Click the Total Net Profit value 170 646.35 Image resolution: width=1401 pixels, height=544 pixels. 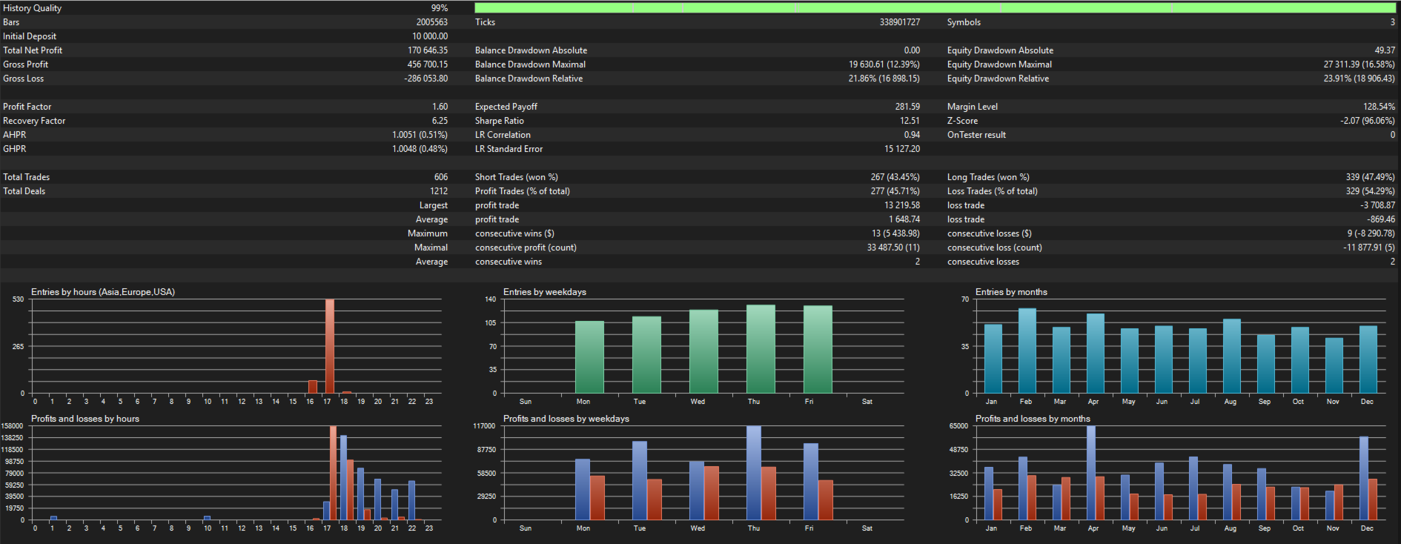[x=428, y=50]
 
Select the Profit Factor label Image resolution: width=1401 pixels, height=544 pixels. [x=27, y=107]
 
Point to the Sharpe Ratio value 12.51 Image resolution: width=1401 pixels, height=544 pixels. [x=910, y=121]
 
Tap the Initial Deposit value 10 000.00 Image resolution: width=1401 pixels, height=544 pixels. [x=430, y=36]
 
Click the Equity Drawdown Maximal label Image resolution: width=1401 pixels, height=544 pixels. [x=999, y=64]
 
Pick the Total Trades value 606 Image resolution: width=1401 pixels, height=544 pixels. [x=441, y=177]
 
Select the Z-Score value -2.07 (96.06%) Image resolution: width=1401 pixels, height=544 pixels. [x=1368, y=121]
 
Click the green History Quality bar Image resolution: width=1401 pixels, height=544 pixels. [x=935, y=8]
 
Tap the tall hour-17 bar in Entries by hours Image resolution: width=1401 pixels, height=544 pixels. [x=330, y=346]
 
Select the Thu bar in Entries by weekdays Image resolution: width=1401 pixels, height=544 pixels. [x=761, y=349]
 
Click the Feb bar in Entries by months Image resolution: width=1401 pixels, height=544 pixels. [x=1027, y=351]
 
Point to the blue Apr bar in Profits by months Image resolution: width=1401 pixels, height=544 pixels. [x=1091, y=473]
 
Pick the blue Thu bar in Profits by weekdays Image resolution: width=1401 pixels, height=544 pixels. [x=753, y=473]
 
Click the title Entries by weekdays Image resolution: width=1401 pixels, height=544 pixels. [x=545, y=292]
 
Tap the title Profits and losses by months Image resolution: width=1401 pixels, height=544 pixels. [x=1033, y=419]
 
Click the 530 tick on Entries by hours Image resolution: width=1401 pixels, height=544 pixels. [x=19, y=299]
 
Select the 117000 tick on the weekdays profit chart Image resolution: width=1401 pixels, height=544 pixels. [x=484, y=426]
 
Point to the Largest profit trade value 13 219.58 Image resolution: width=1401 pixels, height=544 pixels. [x=902, y=205]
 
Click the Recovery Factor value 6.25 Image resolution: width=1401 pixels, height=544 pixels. [x=440, y=121]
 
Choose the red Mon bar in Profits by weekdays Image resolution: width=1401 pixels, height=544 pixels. [x=597, y=497]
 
